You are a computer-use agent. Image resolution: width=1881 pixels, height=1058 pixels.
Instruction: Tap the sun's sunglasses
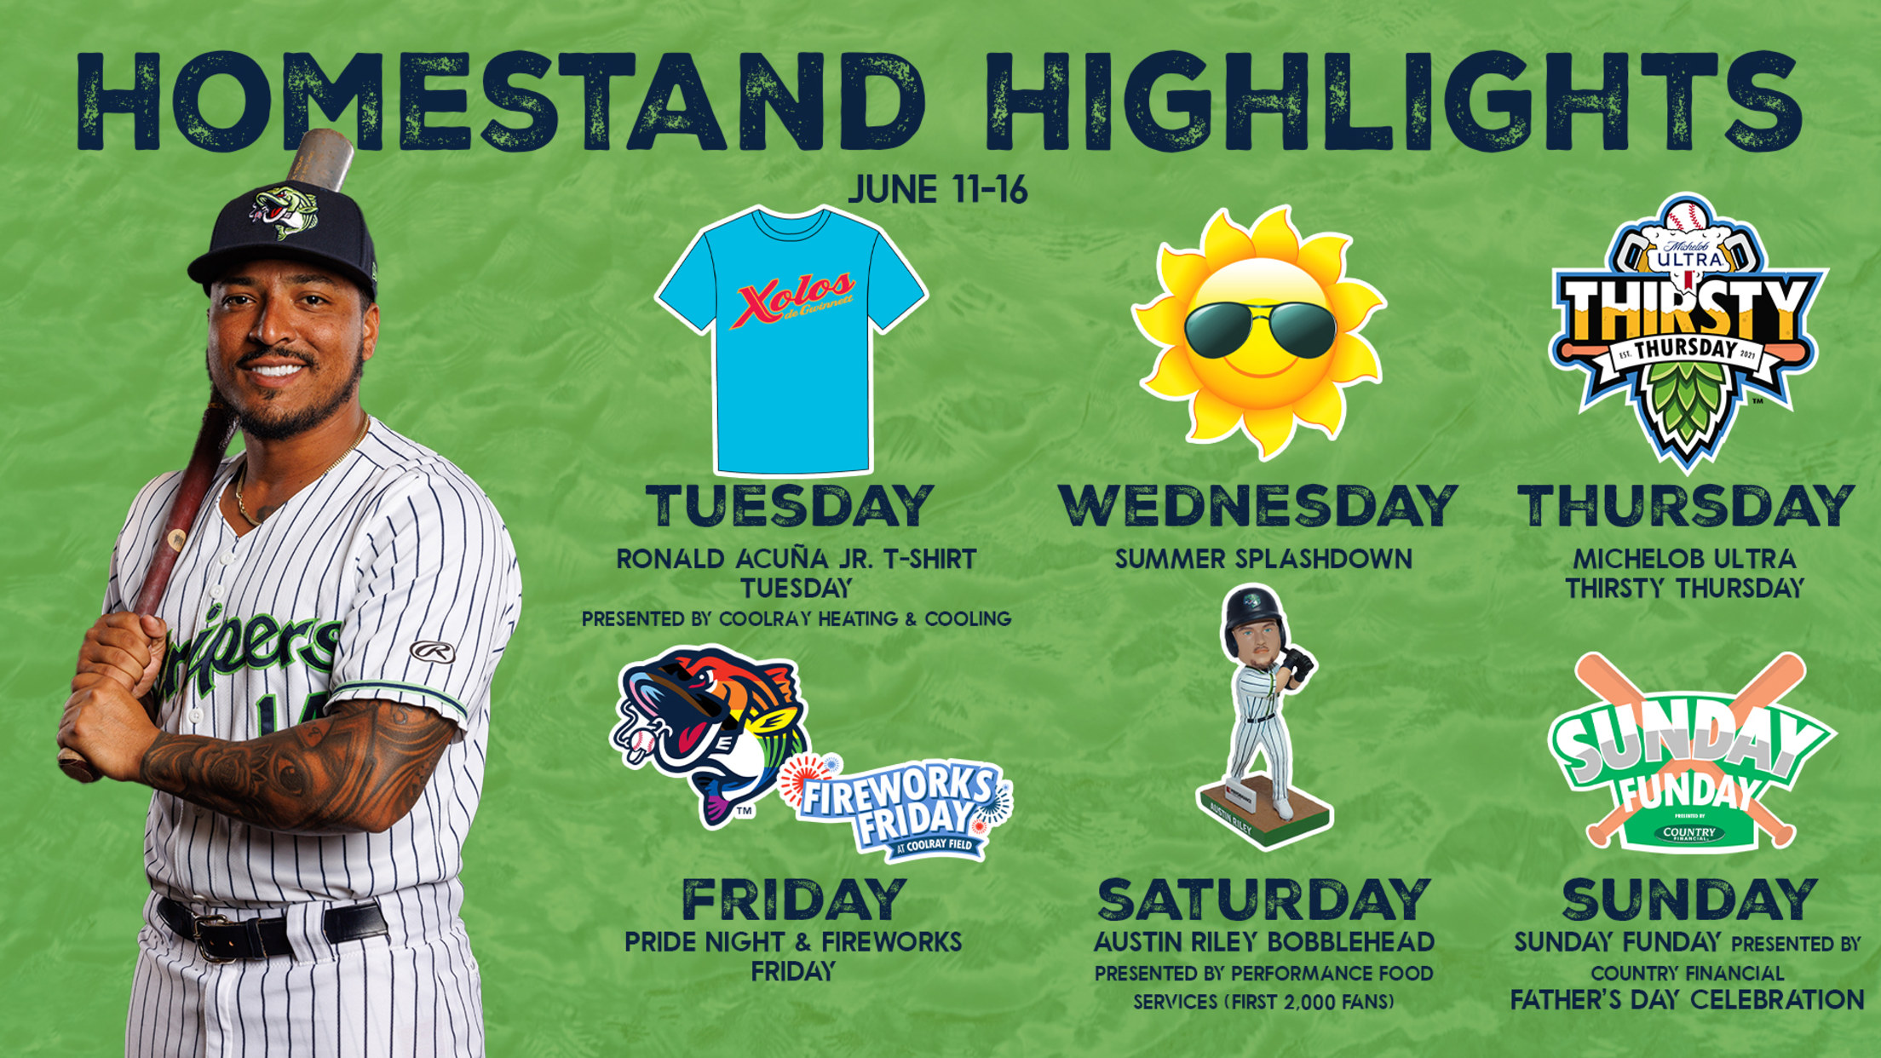pos(1259,329)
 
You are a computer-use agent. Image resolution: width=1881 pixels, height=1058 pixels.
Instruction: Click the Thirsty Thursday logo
pos(1687,333)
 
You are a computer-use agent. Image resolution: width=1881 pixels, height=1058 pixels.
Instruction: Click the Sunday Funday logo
pos(1690,753)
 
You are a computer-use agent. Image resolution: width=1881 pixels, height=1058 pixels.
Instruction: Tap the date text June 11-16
pos(938,189)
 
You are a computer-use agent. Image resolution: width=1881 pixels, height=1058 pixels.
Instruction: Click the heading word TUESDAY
pos(790,506)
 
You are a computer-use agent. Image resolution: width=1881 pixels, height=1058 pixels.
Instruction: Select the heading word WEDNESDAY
pos(1258,506)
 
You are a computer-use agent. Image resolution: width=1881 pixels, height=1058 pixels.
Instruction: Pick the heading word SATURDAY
pos(1263,900)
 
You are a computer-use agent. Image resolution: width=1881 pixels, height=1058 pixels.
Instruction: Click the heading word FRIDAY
pos(793,900)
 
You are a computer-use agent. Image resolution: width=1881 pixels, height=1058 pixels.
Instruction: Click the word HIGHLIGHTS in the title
pos(1395,102)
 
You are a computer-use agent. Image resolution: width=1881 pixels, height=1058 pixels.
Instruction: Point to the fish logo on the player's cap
pos(285,211)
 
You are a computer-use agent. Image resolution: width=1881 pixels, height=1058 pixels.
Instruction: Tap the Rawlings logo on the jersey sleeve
pos(433,652)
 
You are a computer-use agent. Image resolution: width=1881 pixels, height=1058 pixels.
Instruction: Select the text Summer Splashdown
pos(1263,559)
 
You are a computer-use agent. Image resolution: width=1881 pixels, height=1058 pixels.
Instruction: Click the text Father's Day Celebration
pos(1688,1000)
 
